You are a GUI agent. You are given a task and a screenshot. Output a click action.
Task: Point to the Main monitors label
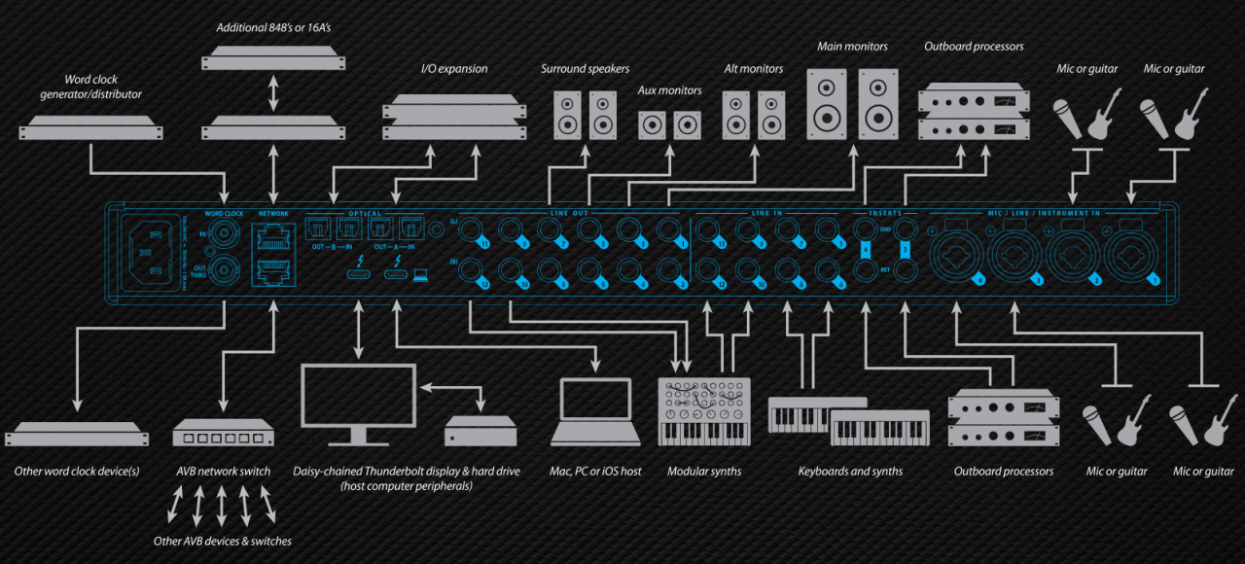[x=852, y=46]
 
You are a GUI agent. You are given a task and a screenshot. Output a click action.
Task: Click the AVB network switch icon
[x=224, y=433]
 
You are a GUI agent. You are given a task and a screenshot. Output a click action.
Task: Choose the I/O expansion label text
[x=454, y=69]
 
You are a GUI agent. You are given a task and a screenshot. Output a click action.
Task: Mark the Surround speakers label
[x=586, y=69]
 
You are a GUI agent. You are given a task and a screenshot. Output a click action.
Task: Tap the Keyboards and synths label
[x=850, y=472]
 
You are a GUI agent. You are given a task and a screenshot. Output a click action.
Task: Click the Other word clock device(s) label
[x=77, y=472]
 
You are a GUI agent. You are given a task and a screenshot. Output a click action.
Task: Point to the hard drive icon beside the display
[x=480, y=430]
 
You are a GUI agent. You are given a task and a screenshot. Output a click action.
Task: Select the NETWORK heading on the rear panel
[x=273, y=212]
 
